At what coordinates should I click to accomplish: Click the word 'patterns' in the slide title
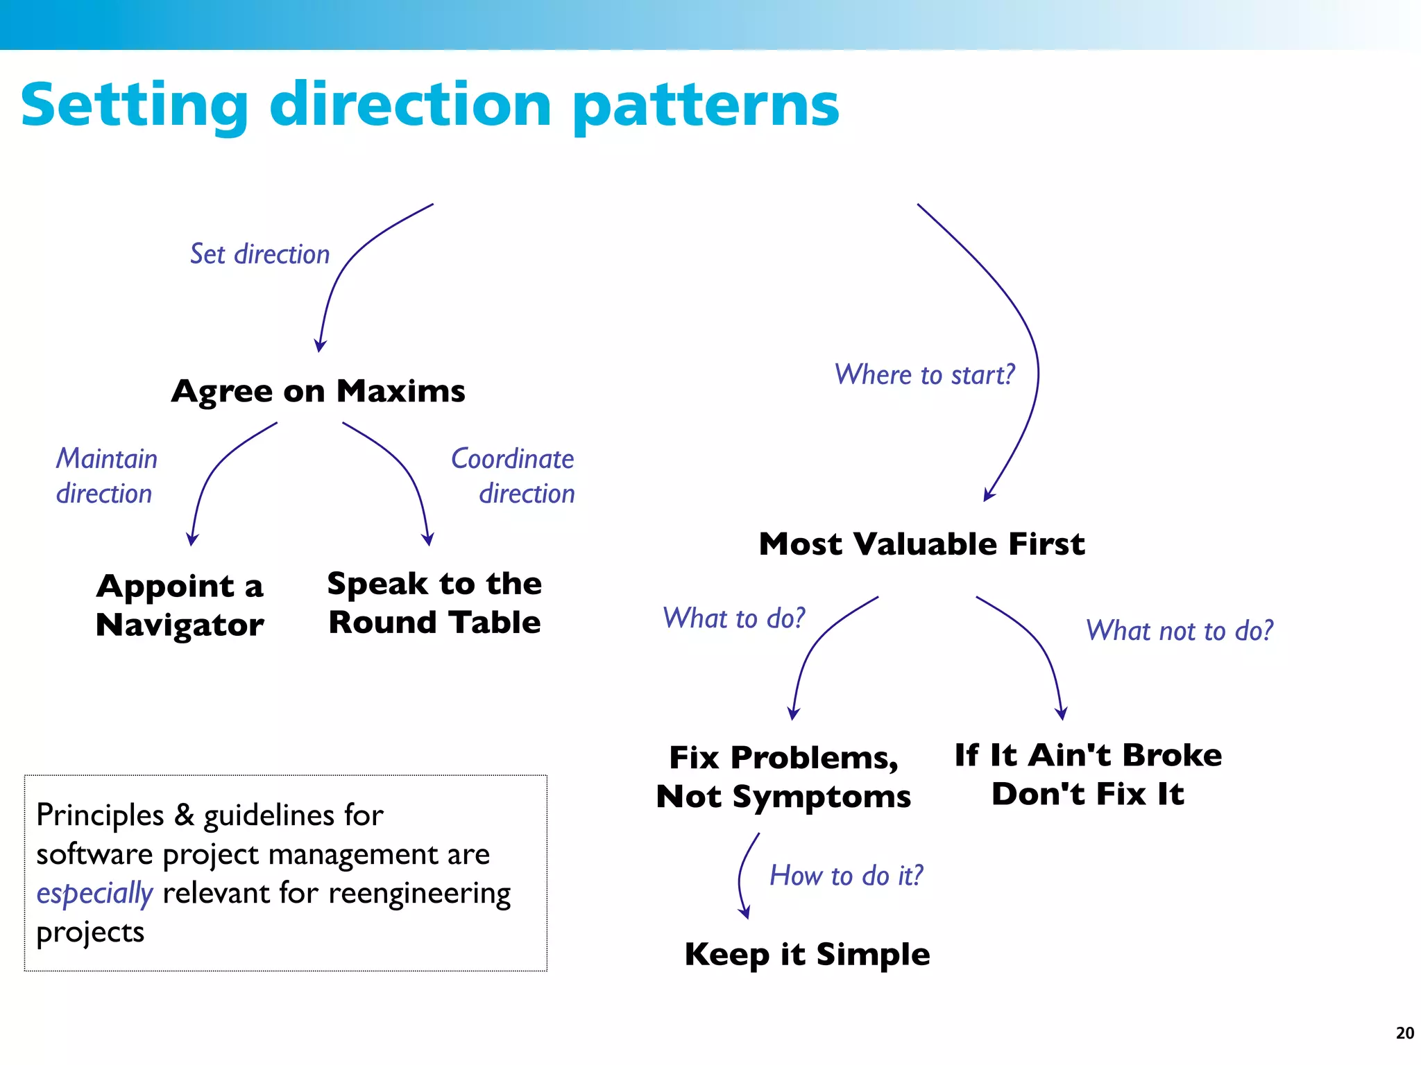coord(706,106)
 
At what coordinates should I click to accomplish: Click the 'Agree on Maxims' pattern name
coord(318,391)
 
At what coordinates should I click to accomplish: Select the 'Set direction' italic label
coord(259,254)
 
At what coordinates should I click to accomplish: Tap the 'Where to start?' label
coord(924,375)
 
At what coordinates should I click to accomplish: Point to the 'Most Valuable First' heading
coord(921,544)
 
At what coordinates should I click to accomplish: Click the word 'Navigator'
coord(180,625)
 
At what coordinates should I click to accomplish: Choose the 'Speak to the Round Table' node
coord(434,603)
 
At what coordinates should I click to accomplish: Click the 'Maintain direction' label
coord(106,476)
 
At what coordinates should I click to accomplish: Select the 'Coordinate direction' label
coord(513,476)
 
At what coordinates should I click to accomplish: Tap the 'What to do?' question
coord(733,618)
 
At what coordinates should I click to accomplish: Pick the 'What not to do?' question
coord(1179,631)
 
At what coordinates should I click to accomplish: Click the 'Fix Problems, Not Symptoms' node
coord(783,777)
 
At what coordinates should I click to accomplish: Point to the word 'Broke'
coord(1172,755)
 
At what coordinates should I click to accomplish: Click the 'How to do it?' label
coord(846,876)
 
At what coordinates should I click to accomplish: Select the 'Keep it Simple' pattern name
coord(807,954)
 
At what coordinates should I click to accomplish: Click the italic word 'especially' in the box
coord(94,894)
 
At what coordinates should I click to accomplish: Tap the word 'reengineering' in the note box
coord(419,894)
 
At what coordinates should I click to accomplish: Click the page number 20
coord(1404,1033)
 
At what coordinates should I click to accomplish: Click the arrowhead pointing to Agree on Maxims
coord(320,346)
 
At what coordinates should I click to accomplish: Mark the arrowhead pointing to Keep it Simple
coord(744,913)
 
